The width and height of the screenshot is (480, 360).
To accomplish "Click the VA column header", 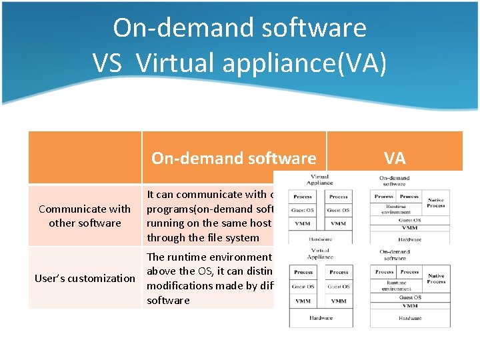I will [395, 158].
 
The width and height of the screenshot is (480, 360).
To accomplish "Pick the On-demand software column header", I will [233, 158].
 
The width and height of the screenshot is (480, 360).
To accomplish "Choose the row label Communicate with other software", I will [85, 216].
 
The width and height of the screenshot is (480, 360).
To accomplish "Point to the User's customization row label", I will [85, 278].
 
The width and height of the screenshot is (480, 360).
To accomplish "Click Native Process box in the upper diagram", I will [436, 203].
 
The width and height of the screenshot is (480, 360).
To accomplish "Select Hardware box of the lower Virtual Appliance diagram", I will [321, 318].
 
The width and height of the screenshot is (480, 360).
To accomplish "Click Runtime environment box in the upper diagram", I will [397, 208].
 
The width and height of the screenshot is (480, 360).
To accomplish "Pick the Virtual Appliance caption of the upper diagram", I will [320, 180].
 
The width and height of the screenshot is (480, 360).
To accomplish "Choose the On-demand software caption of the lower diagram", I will [395, 255].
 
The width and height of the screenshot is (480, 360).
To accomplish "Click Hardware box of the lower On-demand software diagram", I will [409, 318].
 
